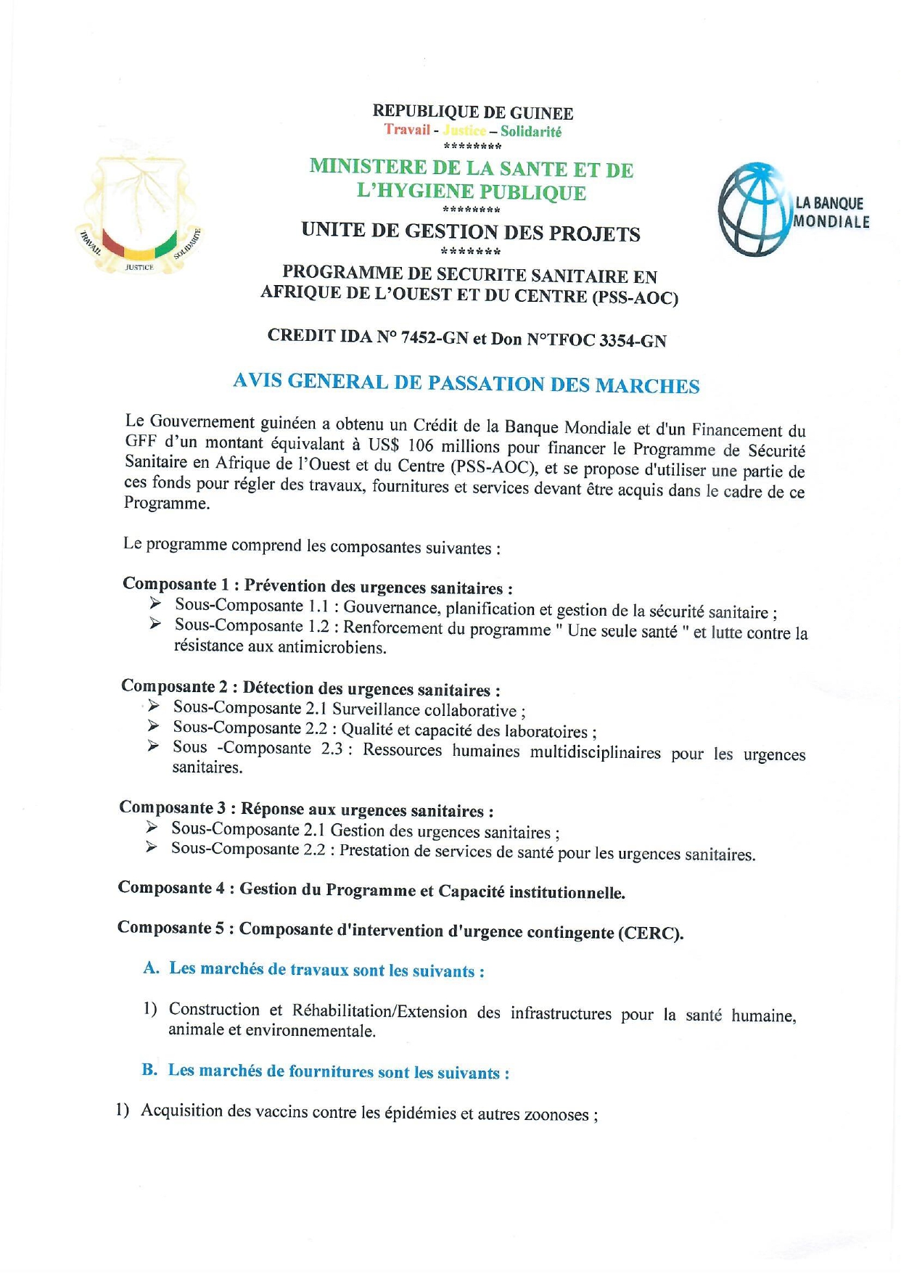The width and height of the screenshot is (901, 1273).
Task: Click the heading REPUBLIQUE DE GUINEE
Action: tap(472, 112)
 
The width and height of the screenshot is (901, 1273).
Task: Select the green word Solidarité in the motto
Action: tap(531, 131)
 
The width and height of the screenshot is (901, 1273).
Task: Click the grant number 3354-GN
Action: tap(632, 340)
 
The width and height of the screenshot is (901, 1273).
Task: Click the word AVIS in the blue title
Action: tap(257, 381)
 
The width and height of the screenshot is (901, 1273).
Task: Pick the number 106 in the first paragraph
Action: tap(420, 445)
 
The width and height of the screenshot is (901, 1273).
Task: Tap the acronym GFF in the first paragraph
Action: tap(139, 441)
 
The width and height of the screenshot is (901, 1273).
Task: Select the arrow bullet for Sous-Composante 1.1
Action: tap(155, 603)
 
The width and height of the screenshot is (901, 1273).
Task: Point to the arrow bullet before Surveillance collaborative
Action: tap(154, 706)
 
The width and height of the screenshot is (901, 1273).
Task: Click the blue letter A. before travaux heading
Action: tap(151, 968)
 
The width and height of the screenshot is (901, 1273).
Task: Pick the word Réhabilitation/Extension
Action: tap(379, 1011)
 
